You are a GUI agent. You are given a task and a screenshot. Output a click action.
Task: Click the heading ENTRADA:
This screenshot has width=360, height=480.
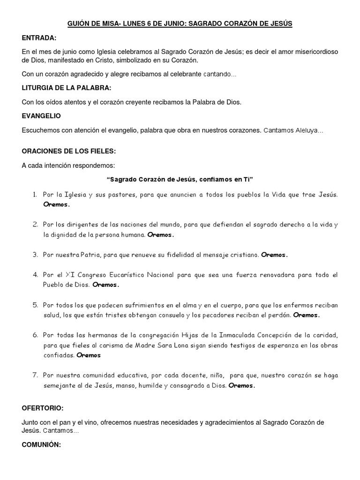[39, 37]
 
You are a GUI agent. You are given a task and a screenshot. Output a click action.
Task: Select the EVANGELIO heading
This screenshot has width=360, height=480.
[41, 115]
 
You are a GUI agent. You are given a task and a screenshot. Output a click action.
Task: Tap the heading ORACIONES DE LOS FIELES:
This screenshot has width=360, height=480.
[68, 151]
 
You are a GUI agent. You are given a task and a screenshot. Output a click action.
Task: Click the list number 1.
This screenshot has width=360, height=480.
[35, 194]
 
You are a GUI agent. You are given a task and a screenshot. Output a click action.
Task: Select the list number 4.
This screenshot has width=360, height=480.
[35, 275]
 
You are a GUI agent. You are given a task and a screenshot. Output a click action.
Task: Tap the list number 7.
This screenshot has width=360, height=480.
[35, 375]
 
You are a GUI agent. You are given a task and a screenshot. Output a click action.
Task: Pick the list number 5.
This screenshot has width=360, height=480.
[35, 305]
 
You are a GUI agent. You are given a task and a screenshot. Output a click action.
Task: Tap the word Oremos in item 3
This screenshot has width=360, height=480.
[274, 255]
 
